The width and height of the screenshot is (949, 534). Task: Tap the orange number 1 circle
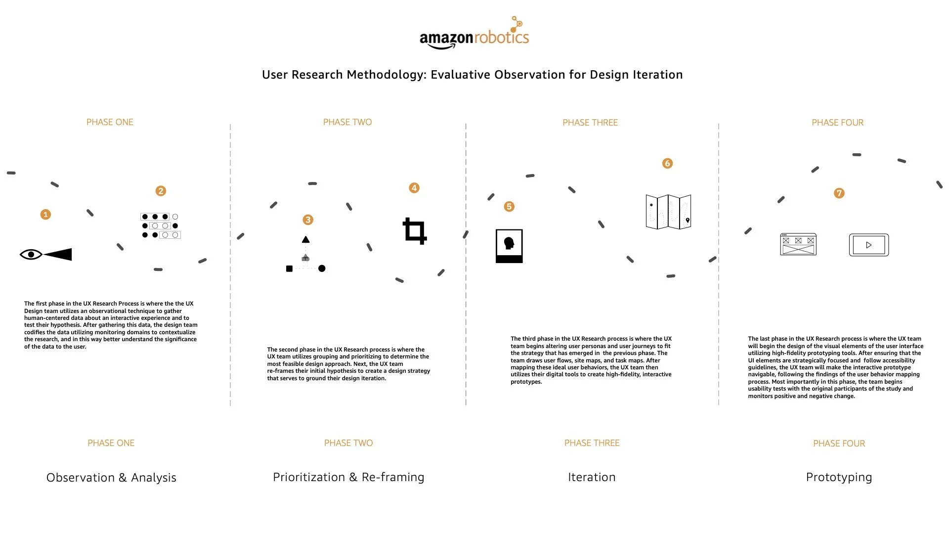pos(45,215)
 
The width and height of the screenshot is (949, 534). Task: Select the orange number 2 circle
pos(161,191)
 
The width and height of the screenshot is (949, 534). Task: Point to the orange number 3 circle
pos(308,220)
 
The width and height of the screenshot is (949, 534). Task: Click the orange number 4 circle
pos(414,188)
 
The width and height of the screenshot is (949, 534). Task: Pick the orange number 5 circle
pos(509,207)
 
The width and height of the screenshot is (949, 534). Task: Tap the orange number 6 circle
pos(667,163)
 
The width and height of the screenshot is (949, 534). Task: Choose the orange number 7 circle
pos(839,193)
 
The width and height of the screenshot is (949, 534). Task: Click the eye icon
pos(31,255)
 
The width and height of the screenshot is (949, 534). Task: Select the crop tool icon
pos(415,231)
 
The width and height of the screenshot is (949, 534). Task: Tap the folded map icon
pos(668,212)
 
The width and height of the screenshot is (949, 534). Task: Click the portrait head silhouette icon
pos(509,246)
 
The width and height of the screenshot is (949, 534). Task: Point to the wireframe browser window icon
pos(798,244)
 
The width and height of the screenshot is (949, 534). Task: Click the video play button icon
pos(868,245)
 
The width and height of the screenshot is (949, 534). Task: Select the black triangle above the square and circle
pos(306,240)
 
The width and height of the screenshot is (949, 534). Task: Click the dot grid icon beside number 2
pos(160,226)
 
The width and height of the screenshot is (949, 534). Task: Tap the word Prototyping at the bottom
pos(839,477)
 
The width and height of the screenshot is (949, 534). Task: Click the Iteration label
pos(592,477)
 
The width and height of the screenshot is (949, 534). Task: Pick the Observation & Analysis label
pos(111,478)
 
